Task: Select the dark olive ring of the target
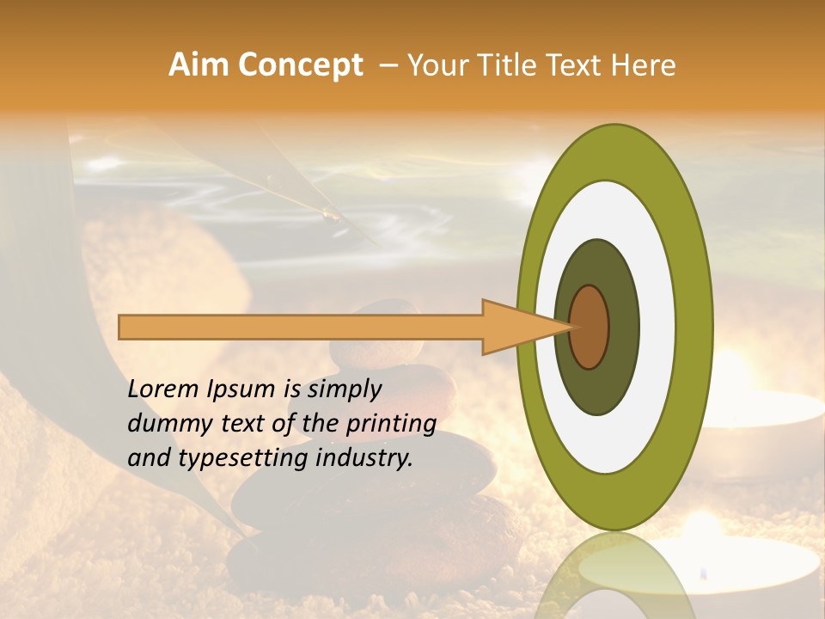tap(622, 327)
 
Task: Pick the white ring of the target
tap(657, 327)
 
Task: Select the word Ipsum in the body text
tap(241, 390)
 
